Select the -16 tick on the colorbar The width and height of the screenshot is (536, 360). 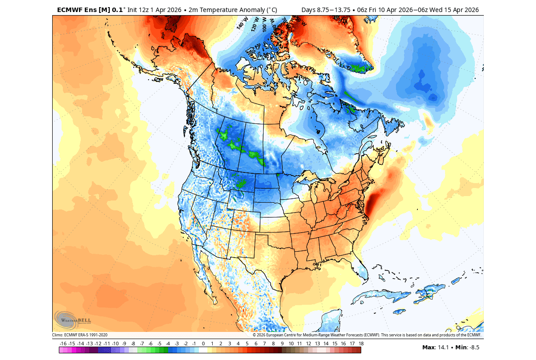click(63, 344)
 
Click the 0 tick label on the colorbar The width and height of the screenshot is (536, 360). click(203, 344)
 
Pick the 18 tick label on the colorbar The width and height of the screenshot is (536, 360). click(361, 344)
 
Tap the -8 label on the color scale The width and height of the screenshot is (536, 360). click(133, 344)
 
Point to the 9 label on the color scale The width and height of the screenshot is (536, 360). click(282, 344)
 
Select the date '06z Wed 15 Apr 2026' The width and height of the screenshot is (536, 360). click(450, 10)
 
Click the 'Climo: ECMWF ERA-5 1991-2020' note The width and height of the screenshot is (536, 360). click(80, 335)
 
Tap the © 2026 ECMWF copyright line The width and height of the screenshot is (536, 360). click(367, 335)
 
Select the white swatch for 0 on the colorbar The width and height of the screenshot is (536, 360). click(203, 350)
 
